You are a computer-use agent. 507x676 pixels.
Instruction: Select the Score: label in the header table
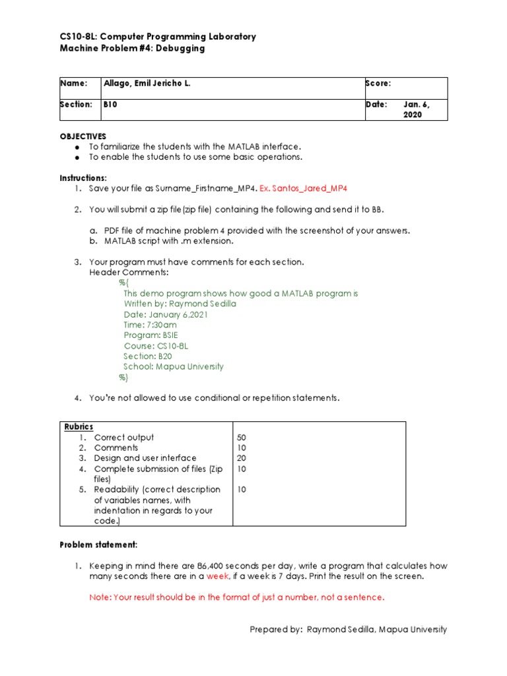pyautogui.click(x=378, y=83)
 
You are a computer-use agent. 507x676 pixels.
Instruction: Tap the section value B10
pyautogui.click(x=110, y=104)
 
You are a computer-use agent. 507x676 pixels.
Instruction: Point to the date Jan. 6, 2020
pyautogui.click(x=416, y=110)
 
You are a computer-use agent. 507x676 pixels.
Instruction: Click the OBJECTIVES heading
pyautogui.click(x=83, y=136)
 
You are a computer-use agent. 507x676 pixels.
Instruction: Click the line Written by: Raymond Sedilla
pyautogui.click(x=180, y=304)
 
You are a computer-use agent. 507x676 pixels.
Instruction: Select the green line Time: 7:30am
pyautogui.click(x=150, y=325)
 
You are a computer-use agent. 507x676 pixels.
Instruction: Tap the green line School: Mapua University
pyautogui.click(x=173, y=366)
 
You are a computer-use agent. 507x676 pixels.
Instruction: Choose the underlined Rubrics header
pyautogui.click(x=79, y=426)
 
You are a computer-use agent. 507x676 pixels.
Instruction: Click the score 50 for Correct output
pyautogui.click(x=241, y=437)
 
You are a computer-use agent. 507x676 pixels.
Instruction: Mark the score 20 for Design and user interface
pyautogui.click(x=241, y=458)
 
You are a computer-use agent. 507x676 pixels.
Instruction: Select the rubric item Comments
pyautogui.click(x=116, y=448)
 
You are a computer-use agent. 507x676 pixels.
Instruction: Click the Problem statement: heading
pyautogui.click(x=98, y=545)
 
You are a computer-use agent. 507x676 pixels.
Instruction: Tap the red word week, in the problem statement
pyautogui.click(x=218, y=576)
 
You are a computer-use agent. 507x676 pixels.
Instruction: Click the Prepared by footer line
pyautogui.click(x=348, y=630)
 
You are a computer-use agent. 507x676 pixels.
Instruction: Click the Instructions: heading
pyautogui.click(x=83, y=178)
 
